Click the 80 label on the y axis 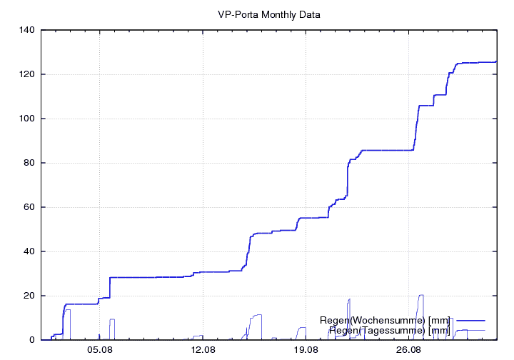(29, 163)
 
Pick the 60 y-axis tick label (29, 207)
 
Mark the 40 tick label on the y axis (29, 251)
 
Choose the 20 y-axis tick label (29, 296)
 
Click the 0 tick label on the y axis (32, 340)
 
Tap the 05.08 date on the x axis (100, 350)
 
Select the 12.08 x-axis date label (203, 350)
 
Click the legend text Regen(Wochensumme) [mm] (385, 320)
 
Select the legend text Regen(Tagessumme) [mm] (389, 330)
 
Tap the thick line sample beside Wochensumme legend (469, 320)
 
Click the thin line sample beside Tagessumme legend (469, 330)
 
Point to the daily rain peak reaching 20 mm (421, 295)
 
